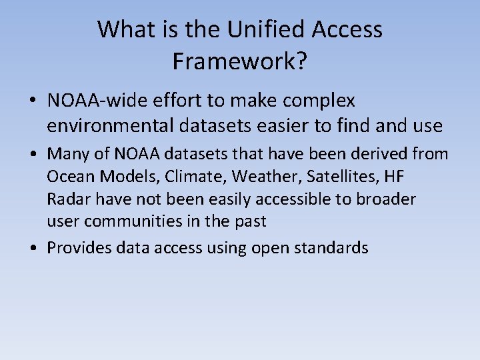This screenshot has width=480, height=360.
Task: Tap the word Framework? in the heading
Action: coord(240,61)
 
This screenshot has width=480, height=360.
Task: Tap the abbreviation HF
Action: coord(395,177)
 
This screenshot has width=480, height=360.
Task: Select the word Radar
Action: coord(67,199)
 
